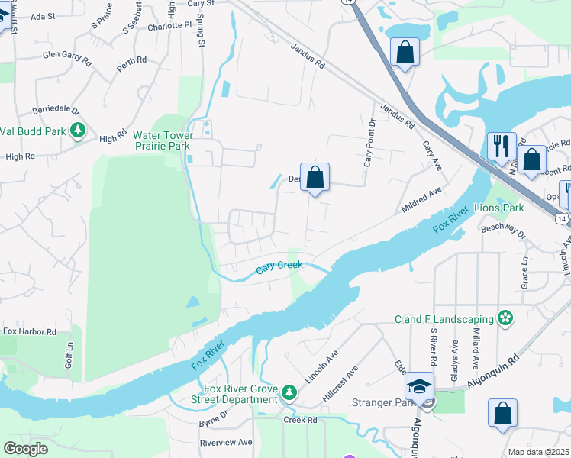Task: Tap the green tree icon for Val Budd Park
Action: tap(77, 131)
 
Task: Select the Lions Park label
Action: tap(498, 208)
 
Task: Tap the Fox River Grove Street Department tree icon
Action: tap(289, 392)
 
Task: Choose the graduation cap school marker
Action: tap(419, 386)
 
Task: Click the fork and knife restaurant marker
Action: tap(502, 146)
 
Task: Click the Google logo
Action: tap(25, 449)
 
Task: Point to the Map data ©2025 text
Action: tap(538, 452)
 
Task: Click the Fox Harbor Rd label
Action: tap(30, 332)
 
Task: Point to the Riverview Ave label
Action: tap(225, 442)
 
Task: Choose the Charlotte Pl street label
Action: tap(169, 24)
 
